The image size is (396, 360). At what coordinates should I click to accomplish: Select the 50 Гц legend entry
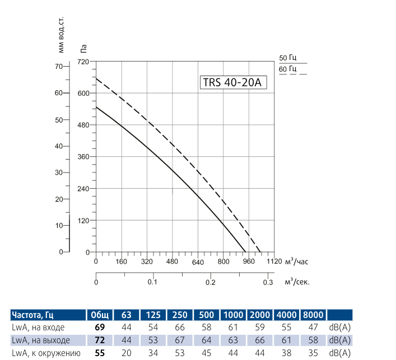(287, 58)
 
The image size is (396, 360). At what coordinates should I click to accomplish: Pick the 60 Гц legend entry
(287, 69)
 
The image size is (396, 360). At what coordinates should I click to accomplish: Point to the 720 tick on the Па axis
(83, 62)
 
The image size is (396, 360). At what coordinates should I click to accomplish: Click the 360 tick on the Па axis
(83, 157)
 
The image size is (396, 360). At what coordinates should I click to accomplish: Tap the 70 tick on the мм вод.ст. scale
(58, 66)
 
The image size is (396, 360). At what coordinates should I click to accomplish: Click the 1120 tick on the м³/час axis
(274, 261)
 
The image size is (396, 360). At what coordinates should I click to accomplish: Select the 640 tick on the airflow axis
(197, 261)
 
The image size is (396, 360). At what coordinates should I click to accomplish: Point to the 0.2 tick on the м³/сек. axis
(211, 282)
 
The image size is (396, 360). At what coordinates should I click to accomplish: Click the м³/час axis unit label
(297, 261)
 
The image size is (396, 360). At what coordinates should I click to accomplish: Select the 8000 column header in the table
(313, 315)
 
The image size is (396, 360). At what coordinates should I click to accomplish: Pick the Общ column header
(100, 315)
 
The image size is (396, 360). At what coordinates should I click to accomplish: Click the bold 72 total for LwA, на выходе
(100, 340)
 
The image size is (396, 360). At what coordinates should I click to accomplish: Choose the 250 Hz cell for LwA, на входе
(179, 327)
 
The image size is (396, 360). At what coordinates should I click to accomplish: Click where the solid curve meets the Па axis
(96, 107)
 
